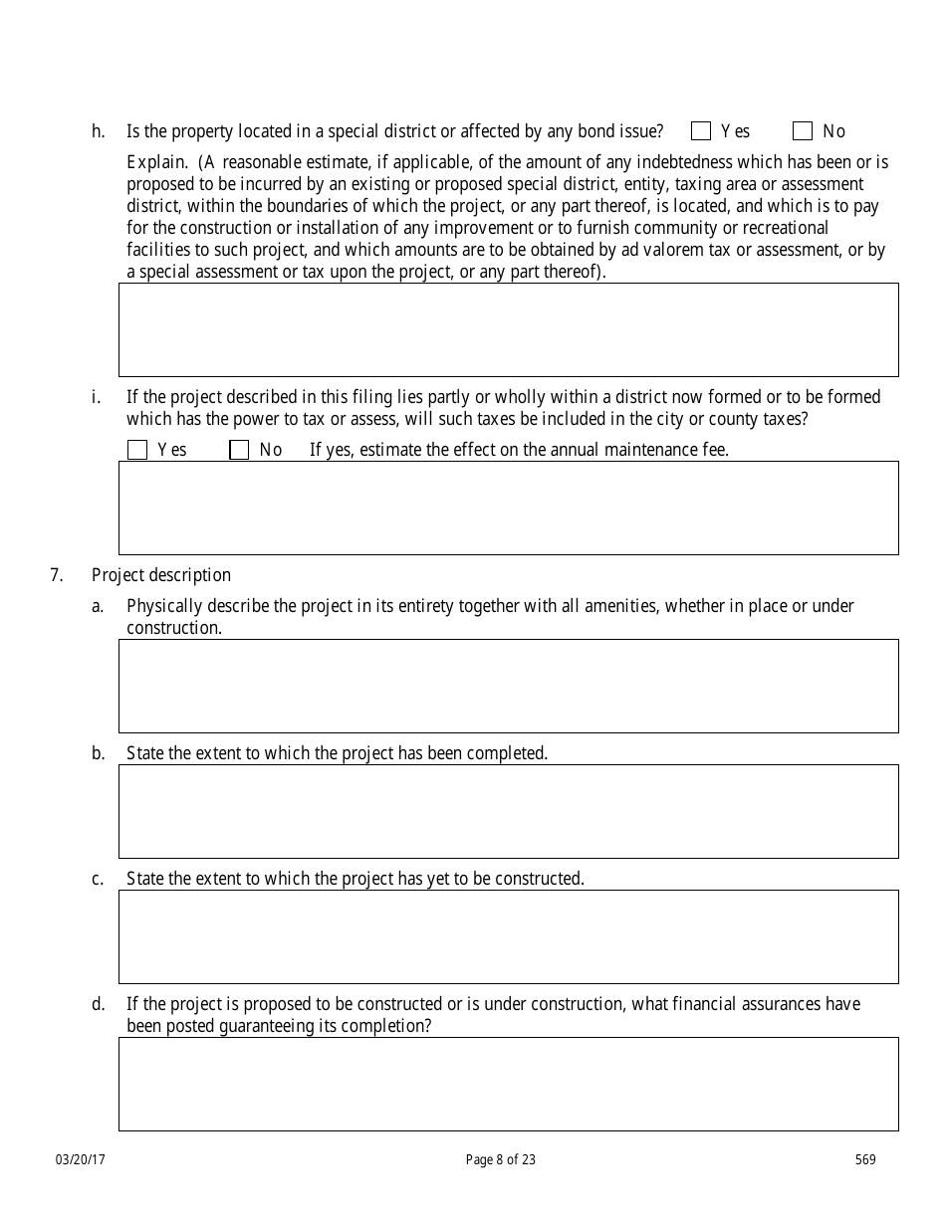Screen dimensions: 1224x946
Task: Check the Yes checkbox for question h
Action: click(x=701, y=131)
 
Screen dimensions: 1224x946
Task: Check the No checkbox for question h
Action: click(x=803, y=131)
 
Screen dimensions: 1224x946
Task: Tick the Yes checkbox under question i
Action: click(x=137, y=450)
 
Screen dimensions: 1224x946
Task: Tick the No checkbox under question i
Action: click(x=239, y=450)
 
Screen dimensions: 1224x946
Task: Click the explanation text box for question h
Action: click(x=508, y=329)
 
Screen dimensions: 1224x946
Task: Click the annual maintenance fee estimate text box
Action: click(x=508, y=508)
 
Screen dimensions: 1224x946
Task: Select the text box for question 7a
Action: click(x=508, y=686)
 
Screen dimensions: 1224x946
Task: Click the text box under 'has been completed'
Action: click(x=508, y=811)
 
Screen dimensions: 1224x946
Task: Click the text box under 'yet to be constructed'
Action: click(x=508, y=936)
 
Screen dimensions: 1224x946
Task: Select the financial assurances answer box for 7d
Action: click(x=508, y=1084)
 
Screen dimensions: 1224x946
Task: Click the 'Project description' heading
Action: click(x=161, y=575)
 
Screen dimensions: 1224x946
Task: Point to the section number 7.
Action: click(x=57, y=575)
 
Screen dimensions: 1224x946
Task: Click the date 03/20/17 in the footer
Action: click(x=80, y=1159)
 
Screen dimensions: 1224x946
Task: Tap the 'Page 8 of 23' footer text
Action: click(x=500, y=1159)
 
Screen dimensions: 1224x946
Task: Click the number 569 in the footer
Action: click(x=865, y=1159)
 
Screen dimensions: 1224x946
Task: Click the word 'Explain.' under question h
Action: click(x=156, y=162)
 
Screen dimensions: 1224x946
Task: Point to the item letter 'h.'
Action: click(x=98, y=131)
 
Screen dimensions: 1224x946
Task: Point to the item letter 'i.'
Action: click(x=96, y=397)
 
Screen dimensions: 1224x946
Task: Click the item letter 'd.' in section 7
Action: click(x=98, y=1004)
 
